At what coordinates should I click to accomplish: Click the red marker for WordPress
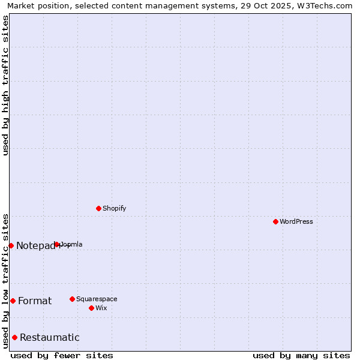pos(275,221)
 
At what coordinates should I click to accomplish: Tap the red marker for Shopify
pos(98,208)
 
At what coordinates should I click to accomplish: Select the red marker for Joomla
pos(56,244)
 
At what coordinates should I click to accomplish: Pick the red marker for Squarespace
pos(72,299)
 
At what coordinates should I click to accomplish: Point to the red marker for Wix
pos(91,308)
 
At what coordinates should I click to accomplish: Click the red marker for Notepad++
pos(11,245)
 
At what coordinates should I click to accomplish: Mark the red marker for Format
pos(13,301)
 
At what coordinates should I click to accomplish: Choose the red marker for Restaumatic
pos(14,337)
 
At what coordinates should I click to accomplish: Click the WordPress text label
pos(296,221)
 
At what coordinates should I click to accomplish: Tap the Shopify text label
pos(114,208)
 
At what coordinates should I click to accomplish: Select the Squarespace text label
pos(97,299)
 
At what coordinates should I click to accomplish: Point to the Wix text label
pos(101,308)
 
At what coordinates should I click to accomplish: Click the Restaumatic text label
pos(49,337)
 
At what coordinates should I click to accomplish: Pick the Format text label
pos(35,301)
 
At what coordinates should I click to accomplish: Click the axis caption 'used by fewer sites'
pos(62,355)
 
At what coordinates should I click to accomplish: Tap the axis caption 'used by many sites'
pos(301,355)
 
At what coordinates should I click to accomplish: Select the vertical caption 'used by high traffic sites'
pos(5,85)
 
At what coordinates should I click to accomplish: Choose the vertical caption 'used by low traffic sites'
pos(5,280)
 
